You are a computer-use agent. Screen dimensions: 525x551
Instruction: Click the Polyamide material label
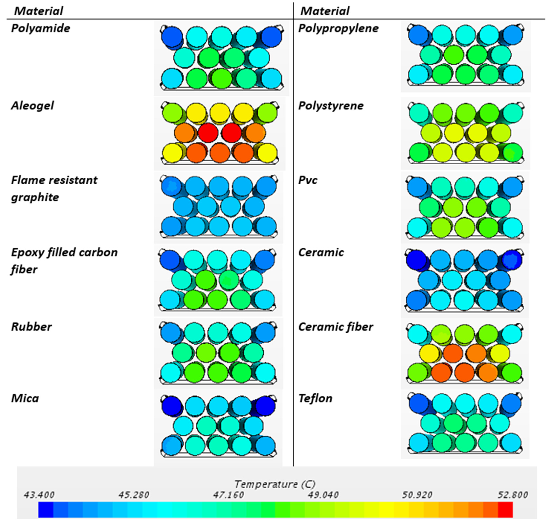pyautogui.click(x=41, y=28)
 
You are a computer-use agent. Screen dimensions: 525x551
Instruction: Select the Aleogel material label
pyautogui.click(x=33, y=106)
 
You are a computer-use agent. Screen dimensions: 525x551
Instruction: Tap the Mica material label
pyautogui.click(x=25, y=398)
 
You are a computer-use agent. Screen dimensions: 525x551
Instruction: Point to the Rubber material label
pyautogui.click(x=31, y=327)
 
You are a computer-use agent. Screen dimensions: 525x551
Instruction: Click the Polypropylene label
pyautogui.click(x=338, y=28)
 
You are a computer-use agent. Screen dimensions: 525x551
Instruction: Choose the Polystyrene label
pyautogui.click(x=331, y=106)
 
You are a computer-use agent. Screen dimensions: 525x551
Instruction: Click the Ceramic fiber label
pyautogui.click(x=335, y=327)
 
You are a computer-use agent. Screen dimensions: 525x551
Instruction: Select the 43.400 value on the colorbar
pyautogui.click(x=39, y=495)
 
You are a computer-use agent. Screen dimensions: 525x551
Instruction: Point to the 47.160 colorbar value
pyautogui.click(x=228, y=495)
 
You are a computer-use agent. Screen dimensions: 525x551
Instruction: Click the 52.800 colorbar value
pyautogui.click(x=512, y=495)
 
